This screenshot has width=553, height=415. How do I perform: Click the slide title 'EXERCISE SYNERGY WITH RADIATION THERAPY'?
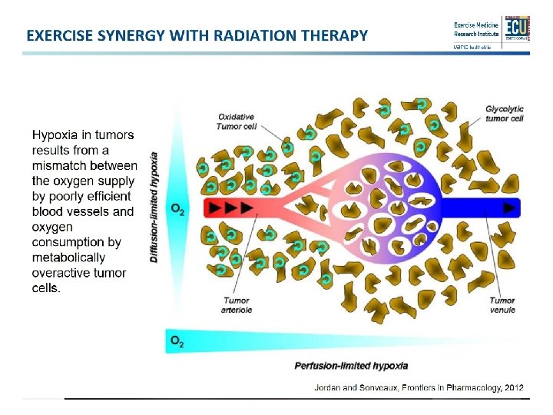[x=197, y=35]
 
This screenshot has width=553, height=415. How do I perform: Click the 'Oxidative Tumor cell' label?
[x=238, y=121]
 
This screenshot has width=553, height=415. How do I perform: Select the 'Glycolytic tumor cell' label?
[x=505, y=114]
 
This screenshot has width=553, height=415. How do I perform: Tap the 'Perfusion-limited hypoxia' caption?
[x=351, y=366]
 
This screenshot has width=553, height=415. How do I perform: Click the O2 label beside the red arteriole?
[x=177, y=209]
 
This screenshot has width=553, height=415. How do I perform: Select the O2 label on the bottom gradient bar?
[x=177, y=340]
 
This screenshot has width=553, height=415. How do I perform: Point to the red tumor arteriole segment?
[x=230, y=207]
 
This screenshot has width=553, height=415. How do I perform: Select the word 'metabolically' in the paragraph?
[x=68, y=257]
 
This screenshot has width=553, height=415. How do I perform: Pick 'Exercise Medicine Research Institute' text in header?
[x=476, y=29]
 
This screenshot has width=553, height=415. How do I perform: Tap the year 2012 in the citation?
[x=512, y=388]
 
